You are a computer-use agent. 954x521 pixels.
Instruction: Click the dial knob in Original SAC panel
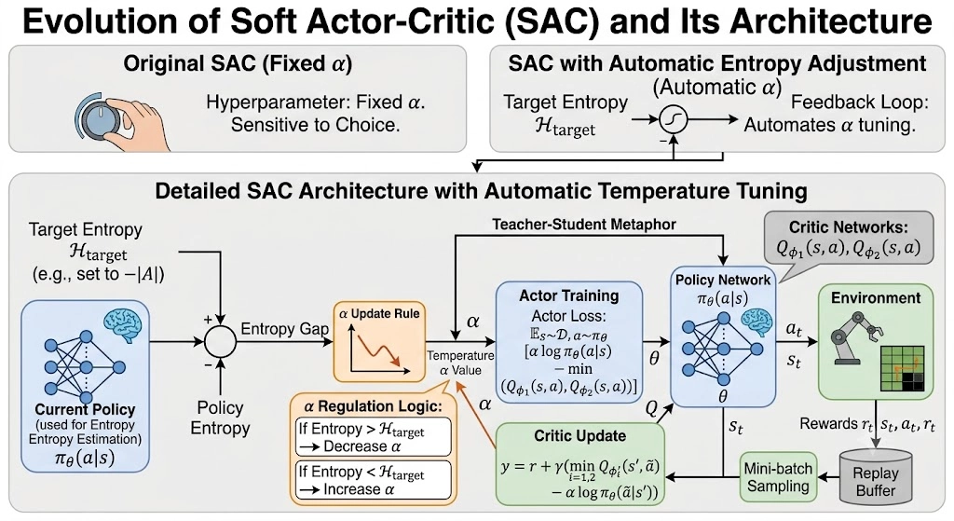(98, 118)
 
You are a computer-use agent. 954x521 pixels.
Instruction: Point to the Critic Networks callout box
(848, 239)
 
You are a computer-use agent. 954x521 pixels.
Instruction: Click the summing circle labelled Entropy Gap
(220, 341)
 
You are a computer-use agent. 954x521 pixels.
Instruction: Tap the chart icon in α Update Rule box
(378, 349)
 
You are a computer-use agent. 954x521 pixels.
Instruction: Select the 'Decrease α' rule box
(373, 436)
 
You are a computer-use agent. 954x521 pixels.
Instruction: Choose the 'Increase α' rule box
(373, 480)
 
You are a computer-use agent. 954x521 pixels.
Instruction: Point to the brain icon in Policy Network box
(757, 322)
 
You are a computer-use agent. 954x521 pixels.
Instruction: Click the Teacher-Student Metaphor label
(584, 225)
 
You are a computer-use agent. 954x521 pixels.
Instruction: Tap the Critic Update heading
(579, 436)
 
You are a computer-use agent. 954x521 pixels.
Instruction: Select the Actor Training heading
(569, 295)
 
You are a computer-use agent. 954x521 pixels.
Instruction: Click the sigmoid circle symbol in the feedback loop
(674, 120)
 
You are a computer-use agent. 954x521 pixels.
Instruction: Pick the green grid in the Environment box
(902, 368)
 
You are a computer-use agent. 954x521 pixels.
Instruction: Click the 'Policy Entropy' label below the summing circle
(220, 418)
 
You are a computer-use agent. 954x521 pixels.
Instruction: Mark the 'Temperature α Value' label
(460, 363)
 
